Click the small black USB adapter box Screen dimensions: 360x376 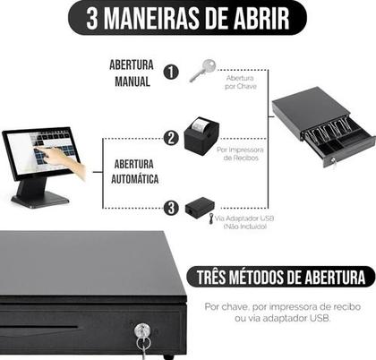click(198, 208)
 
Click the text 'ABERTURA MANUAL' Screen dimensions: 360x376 click(131, 73)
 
